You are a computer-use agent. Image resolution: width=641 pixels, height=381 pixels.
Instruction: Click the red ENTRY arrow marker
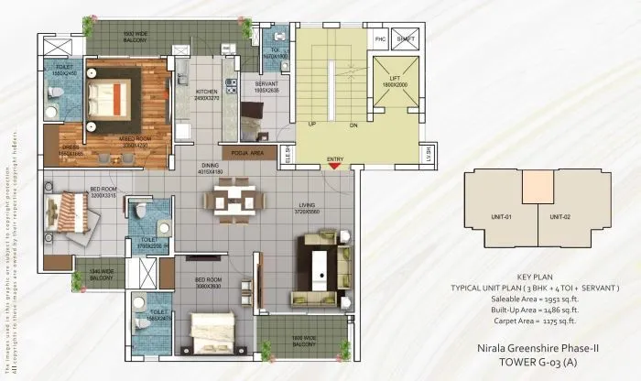[x=335, y=167]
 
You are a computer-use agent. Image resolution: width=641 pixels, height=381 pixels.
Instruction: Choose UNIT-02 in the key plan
[x=560, y=216]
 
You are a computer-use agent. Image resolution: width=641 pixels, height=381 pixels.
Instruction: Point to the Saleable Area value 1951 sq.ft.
[x=558, y=299]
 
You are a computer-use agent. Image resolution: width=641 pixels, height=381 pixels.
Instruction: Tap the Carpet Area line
[x=536, y=321]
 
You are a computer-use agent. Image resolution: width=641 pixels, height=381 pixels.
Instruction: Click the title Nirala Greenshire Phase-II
[x=538, y=349]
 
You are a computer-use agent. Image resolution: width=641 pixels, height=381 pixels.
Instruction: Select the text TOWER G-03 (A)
[x=538, y=364]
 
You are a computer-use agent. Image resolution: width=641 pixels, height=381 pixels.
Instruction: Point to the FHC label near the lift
[x=380, y=39]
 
